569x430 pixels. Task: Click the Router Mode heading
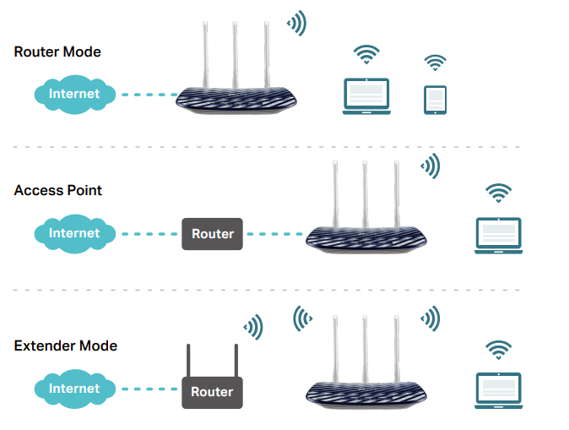pos(57,52)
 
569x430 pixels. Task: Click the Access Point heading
pos(58,190)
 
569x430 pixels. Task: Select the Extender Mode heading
pos(66,346)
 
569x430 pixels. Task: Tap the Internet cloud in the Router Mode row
pos(73,94)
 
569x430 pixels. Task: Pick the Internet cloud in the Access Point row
pos(73,233)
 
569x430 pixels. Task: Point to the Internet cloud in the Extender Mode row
pos(73,389)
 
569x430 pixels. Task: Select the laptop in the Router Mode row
pos(366,95)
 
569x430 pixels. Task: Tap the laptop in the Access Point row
pos(498,236)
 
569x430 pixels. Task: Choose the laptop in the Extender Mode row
pos(498,390)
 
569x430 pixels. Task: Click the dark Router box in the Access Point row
pos(213,234)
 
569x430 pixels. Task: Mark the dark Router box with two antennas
pos(213,392)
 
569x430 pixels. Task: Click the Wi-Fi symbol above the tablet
pos(435,63)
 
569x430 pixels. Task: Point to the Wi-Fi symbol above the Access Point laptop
pos(498,193)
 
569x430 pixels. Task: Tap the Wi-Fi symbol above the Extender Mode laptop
pos(498,350)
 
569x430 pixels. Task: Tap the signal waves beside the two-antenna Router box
pos(252,325)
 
